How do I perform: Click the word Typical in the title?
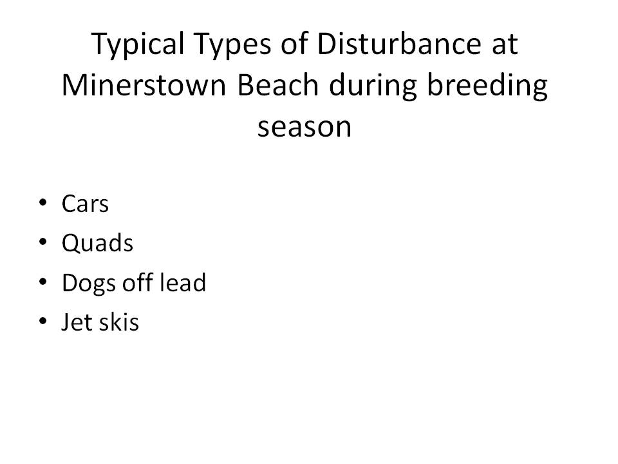tap(138, 44)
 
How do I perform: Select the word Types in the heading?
tap(233, 44)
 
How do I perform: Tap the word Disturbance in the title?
tap(399, 43)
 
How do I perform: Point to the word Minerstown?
tap(144, 85)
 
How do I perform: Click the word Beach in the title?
tap(278, 85)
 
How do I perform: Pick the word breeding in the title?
tap(488, 87)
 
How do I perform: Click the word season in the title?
tap(304, 127)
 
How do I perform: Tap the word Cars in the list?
tap(85, 204)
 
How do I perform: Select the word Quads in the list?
tap(97, 243)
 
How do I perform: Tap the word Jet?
tap(77, 322)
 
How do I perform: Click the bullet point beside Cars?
tap(43, 203)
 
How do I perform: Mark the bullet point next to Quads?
tap(43, 242)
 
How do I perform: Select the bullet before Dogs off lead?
tap(43, 282)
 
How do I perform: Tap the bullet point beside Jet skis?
tap(43, 321)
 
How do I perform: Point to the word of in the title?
tap(294, 43)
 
